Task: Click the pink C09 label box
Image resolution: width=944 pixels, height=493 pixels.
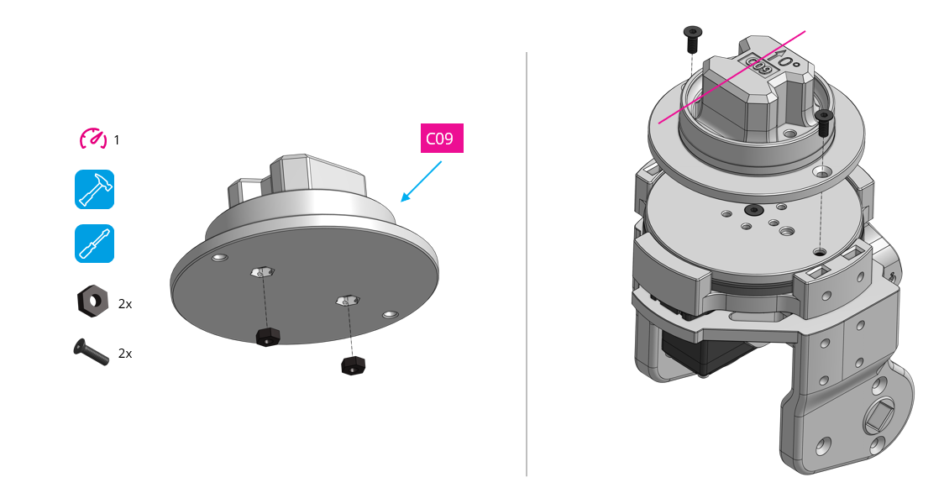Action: pos(442,139)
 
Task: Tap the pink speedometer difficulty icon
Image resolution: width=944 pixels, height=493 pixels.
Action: pos(92,139)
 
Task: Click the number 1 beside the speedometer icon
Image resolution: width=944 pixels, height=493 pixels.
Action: pos(117,140)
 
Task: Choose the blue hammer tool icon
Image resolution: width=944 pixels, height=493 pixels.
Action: pos(94,190)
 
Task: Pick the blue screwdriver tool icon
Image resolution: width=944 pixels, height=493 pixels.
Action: pos(94,244)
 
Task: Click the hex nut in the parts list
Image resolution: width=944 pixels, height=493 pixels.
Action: pos(92,300)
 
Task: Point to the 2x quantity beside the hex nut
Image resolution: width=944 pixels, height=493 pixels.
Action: pos(124,304)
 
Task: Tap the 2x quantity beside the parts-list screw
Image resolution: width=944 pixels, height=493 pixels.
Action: pos(124,354)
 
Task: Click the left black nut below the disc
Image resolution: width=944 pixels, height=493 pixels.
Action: pos(268,337)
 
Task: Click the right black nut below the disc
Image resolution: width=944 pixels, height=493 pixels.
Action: pos(352,366)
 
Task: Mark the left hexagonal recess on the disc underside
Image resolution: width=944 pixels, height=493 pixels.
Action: pos(263,271)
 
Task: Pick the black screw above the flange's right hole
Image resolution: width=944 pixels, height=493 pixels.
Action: pos(823,123)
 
